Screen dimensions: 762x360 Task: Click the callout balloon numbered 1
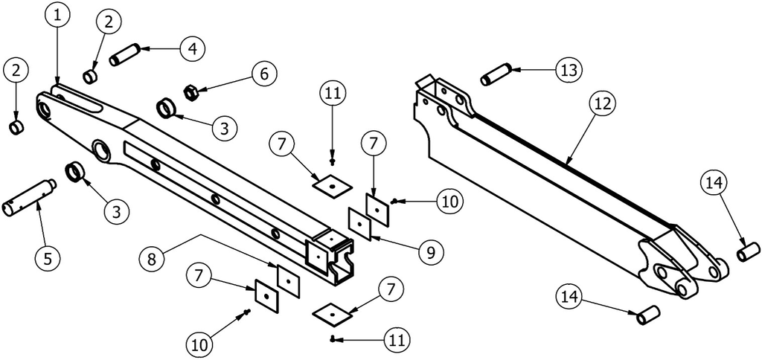[x=58, y=15]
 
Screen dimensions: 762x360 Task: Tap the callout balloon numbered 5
[x=48, y=258]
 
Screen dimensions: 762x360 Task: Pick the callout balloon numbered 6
[x=264, y=74]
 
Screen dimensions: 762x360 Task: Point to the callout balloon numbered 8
[x=152, y=258]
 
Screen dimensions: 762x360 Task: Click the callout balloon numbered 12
[x=603, y=103]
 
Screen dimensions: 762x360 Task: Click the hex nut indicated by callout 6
[x=190, y=91]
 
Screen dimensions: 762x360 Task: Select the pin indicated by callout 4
[x=125, y=54]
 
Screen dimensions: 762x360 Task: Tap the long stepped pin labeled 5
[x=29, y=198]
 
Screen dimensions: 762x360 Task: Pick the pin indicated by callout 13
[x=496, y=74]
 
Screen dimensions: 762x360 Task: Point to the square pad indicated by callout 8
[x=288, y=281]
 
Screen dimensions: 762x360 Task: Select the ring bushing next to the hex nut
[x=166, y=107]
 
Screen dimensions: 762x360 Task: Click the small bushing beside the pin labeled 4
[x=90, y=77]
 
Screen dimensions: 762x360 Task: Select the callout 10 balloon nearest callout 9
[x=449, y=201]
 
